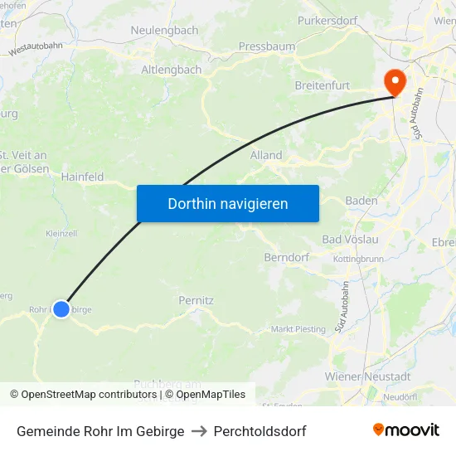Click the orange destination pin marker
[393, 81]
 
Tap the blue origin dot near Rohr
[61, 308]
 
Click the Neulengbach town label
[164, 30]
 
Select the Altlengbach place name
[171, 70]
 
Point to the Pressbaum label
[266, 46]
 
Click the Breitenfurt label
[323, 85]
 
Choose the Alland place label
[266, 155]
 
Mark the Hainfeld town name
[82, 177]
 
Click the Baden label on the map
[361, 201]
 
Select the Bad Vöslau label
[350, 240]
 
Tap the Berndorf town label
[286, 257]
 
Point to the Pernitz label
[196, 300]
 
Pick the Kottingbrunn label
[357, 259]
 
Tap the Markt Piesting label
[298, 329]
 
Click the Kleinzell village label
[61, 233]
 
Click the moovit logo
[405, 430]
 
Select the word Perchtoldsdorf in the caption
[260, 431]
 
